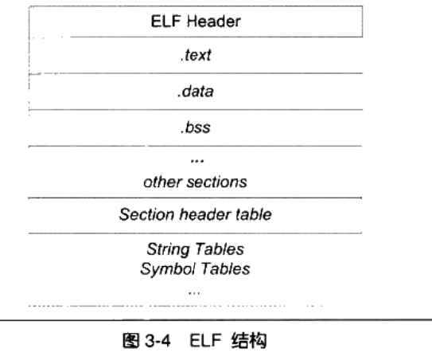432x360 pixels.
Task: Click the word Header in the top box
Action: [x=214, y=22]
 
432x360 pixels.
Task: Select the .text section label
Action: [x=196, y=55]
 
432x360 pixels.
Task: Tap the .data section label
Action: [x=196, y=92]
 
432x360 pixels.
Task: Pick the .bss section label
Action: [x=196, y=127]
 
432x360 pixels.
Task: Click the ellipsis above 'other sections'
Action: [x=197, y=161]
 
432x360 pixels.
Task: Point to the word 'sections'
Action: [x=217, y=182]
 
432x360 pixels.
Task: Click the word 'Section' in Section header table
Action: [x=146, y=214]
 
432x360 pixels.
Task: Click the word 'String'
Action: [x=168, y=249]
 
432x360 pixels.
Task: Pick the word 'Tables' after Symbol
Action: [x=225, y=268]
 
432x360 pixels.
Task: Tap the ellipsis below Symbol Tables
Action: [x=194, y=293]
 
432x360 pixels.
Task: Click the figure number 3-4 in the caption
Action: [x=158, y=340]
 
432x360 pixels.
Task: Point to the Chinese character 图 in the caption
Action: [x=130, y=340]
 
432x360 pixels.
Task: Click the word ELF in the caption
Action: [x=205, y=340]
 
